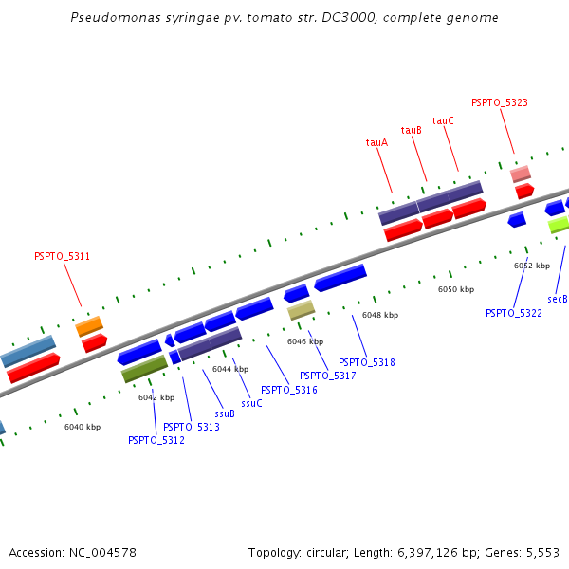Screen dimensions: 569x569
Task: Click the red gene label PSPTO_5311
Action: (62, 256)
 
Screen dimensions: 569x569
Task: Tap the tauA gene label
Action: (376, 142)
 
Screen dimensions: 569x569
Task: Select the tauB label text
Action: (412, 131)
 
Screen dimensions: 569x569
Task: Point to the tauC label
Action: (443, 120)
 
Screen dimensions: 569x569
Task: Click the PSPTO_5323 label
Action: (500, 102)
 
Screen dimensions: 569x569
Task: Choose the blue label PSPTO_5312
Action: (156, 439)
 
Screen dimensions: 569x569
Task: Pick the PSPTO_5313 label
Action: (192, 427)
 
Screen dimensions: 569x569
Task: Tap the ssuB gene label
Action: (224, 413)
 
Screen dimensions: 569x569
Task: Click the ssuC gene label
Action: (251, 403)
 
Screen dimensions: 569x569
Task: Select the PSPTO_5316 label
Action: (289, 390)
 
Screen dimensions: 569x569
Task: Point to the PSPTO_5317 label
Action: (328, 376)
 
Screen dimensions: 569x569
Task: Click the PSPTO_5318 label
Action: (367, 362)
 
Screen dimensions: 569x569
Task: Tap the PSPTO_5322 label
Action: (514, 313)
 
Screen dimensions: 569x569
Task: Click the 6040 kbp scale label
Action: (83, 427)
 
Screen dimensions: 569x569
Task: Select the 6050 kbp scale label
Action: (455, 288)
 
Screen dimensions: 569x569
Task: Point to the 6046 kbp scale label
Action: (305, 341)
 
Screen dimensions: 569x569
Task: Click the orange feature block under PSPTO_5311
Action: (89, 326)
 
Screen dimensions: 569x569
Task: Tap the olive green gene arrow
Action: (144, 369)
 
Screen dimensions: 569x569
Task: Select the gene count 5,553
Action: (541, 552)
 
